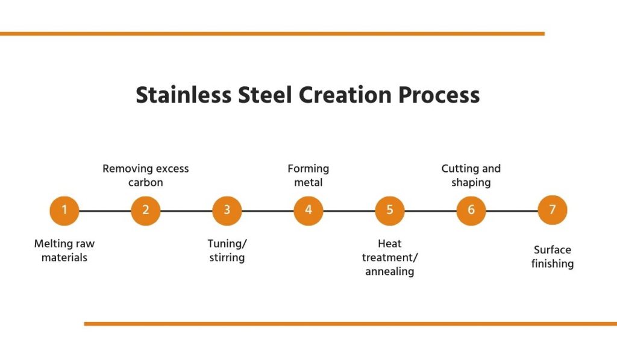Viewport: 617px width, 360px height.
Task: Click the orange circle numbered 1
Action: tap(64, 210)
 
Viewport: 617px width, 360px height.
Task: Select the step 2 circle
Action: tap(146, 210)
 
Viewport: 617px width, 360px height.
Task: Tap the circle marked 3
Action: tap(227, 210)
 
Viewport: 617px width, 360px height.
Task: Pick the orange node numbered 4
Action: tap(308, 210)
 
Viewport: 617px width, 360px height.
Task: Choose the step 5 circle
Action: tap(390, 210)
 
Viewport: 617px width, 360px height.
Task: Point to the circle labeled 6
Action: tap(471, 210)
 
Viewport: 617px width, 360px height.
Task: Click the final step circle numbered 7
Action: tap(553, 210)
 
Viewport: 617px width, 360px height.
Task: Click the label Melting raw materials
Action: tap(64, 250)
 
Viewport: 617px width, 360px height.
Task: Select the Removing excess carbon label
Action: tap(146, 175)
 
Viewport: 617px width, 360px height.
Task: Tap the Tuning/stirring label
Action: tap(227, 250)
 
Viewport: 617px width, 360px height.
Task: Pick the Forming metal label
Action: tap(308, 175)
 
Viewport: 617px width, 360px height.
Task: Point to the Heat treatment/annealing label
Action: tap(390, 257)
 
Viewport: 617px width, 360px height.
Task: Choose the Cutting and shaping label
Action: tap(471, 175)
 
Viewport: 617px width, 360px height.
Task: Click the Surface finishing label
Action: tap(553, 257)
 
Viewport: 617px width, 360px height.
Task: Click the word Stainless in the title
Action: tap(183, 95)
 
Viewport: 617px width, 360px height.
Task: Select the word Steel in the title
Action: tap(265, 95)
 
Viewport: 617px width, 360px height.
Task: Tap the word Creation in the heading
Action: tap(345, 95)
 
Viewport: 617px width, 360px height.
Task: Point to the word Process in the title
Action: tap(439, 95)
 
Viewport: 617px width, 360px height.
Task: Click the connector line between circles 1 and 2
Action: tap(105, 211)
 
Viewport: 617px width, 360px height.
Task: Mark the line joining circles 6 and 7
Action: tap(512, 211)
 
